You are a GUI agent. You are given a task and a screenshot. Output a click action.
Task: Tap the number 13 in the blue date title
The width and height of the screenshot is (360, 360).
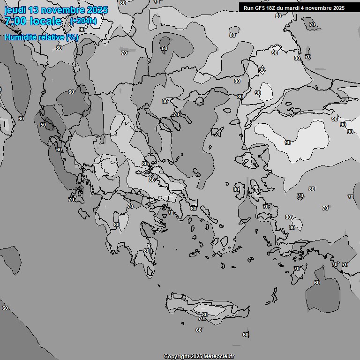(35, 10)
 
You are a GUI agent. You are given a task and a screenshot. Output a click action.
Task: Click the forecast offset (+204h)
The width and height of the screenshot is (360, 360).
(83, 21)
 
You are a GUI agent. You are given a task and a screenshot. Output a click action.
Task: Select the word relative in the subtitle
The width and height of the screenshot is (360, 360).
(53, 37)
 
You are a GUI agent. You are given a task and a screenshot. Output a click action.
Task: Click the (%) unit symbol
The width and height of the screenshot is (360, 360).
(72, 37)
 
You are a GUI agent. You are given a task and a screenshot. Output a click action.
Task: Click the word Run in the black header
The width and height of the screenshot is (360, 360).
(248, 8)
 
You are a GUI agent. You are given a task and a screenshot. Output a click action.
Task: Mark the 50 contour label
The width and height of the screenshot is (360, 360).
(43, 125)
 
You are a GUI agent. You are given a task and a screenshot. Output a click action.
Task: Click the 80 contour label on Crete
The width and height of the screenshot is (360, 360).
(204, 315)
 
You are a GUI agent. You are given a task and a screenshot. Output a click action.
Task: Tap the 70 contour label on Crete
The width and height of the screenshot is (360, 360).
(201, 319)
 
